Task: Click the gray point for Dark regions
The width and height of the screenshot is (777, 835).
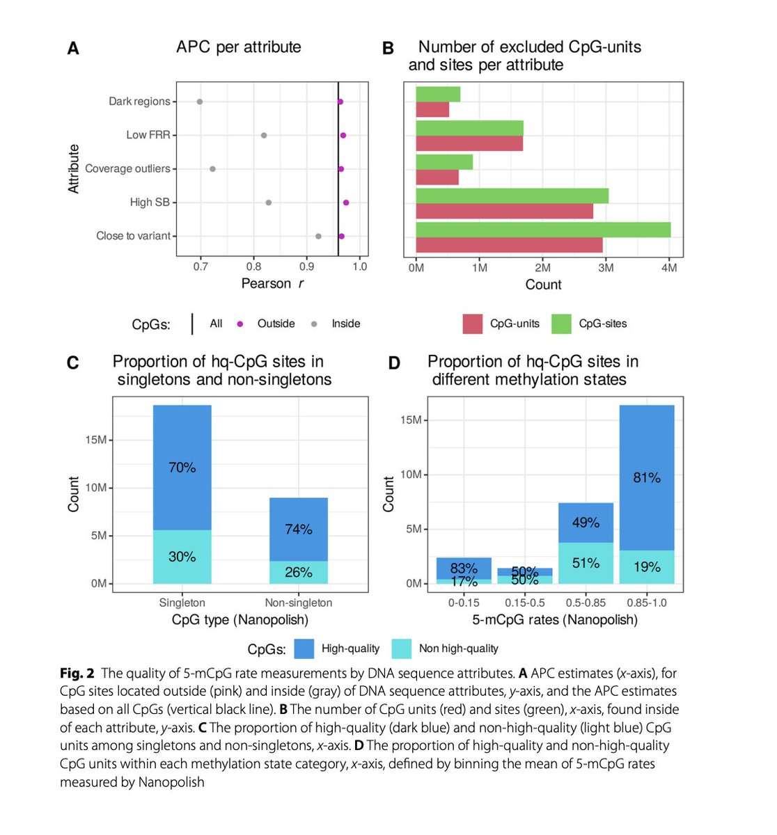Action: point(200,102)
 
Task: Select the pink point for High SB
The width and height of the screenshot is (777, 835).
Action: point(346,202)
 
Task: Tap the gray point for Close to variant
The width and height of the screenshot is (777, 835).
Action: point(318,237)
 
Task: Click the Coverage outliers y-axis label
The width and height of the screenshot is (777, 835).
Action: point(127,169)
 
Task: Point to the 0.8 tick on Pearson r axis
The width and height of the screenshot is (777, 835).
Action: point(254,267)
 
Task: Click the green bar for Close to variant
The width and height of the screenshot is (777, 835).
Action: point(543,230)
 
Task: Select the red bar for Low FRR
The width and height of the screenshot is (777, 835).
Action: point(469,143)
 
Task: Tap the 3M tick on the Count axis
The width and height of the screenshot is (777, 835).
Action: point(606,268)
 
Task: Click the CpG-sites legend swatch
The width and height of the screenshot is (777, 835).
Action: point(561,324)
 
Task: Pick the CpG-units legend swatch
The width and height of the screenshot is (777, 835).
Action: point(472,324)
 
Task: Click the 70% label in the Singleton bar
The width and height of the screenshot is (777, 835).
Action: point(182,468)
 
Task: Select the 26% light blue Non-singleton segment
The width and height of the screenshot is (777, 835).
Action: point(299,572)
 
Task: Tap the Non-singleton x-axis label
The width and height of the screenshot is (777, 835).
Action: point(299,603)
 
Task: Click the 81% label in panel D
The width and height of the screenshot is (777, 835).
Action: point(647,478)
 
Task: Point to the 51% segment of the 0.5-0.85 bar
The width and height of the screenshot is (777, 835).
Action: point(586,563)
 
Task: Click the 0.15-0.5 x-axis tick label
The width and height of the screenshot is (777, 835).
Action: point(525,603)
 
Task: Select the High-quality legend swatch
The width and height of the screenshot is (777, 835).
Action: point(304,649)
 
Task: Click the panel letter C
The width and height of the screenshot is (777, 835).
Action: point(72,363)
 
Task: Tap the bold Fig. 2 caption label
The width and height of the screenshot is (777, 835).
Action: point(77,674)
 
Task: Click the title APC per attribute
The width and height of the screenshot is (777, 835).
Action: point(239,47)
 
